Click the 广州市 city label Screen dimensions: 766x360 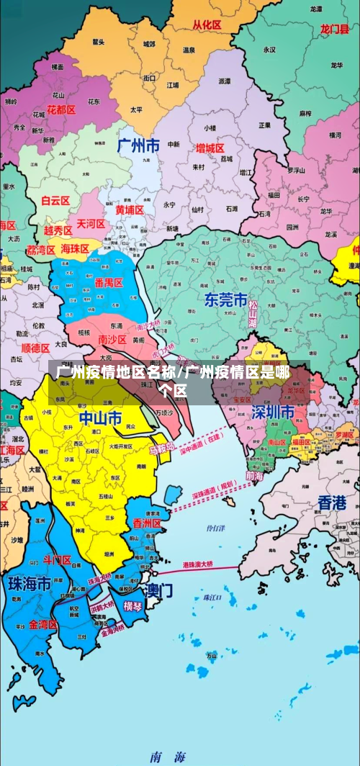(x=138, y=145)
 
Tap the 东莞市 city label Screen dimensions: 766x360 (x=225, y=299)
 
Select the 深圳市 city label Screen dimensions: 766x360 (x=273, y=412)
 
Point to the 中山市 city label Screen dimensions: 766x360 (x=100, y=418)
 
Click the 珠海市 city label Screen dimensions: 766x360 (x=29, y=584)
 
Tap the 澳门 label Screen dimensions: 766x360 (x=158, y=590)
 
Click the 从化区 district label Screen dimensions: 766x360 (x=207, y=24)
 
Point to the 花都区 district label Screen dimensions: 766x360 (x=61, y=109)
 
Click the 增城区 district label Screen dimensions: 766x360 (x=210, y=148)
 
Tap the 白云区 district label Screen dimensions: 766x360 (x=55, y=201)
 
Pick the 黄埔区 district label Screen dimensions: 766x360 (x=130, y=209)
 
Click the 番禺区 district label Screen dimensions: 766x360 (x=108, y=282)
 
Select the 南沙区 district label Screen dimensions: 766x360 (x=112, y=339)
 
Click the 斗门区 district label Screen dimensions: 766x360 (x=58, y=559)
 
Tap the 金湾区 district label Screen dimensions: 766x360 (x=42, y=624)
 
